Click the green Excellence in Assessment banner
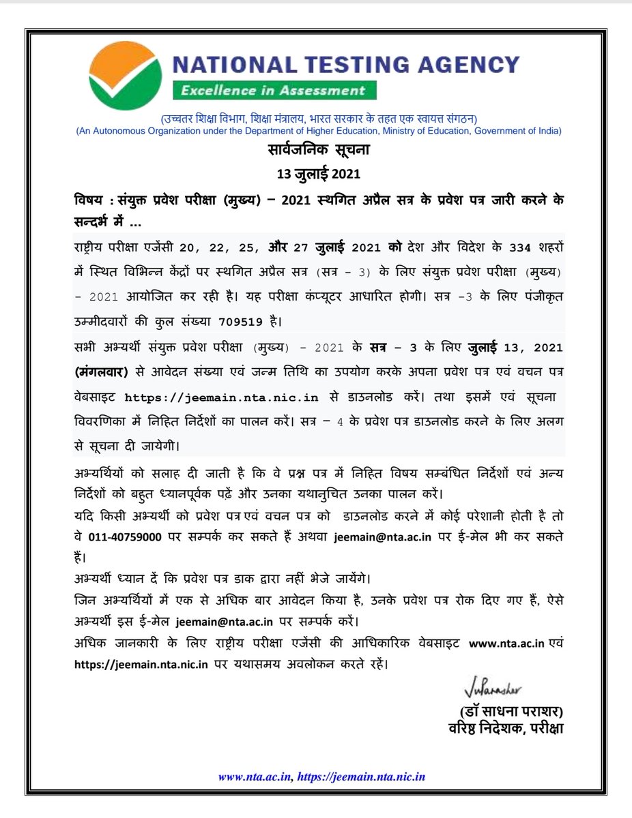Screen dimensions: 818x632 point(273,91)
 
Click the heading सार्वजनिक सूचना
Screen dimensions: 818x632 point(317,149)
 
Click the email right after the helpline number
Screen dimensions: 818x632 point(382,537)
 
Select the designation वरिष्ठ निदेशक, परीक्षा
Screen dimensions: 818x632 point(504,728)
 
